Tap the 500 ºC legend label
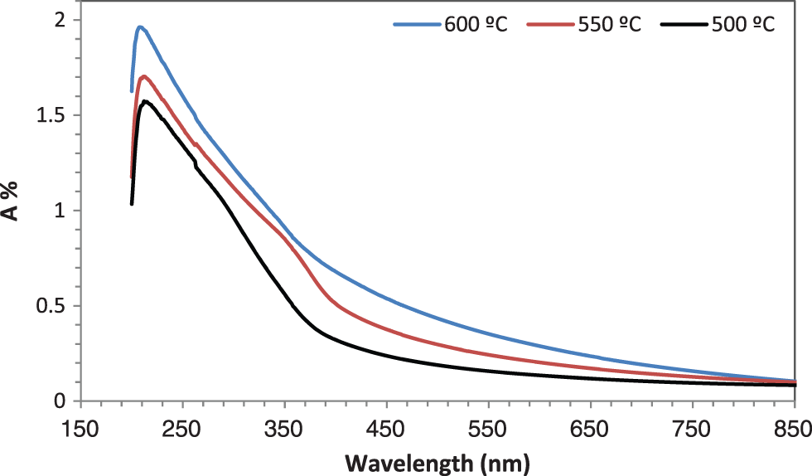pyautogui.click(x=742, y=24)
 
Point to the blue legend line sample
pyautogui.click(x=415, y=24)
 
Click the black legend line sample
pyautogui.click(x=684, y=24)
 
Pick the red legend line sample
pyautogui.click(x=549, y=24)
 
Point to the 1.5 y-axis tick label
pyautogui.click(x=52, y=115)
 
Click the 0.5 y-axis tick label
pyautogui.click(x=52, y=306)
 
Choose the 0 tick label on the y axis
pyautogui.click(x=60, y=401)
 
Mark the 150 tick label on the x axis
pyautogui.click(x=80, y=430)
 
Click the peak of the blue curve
pyautogui.click(x=141, y=27)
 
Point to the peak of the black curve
pyautogui.click(x=145, y=101)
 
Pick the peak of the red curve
pyautogui.click(x=144, y=76)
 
